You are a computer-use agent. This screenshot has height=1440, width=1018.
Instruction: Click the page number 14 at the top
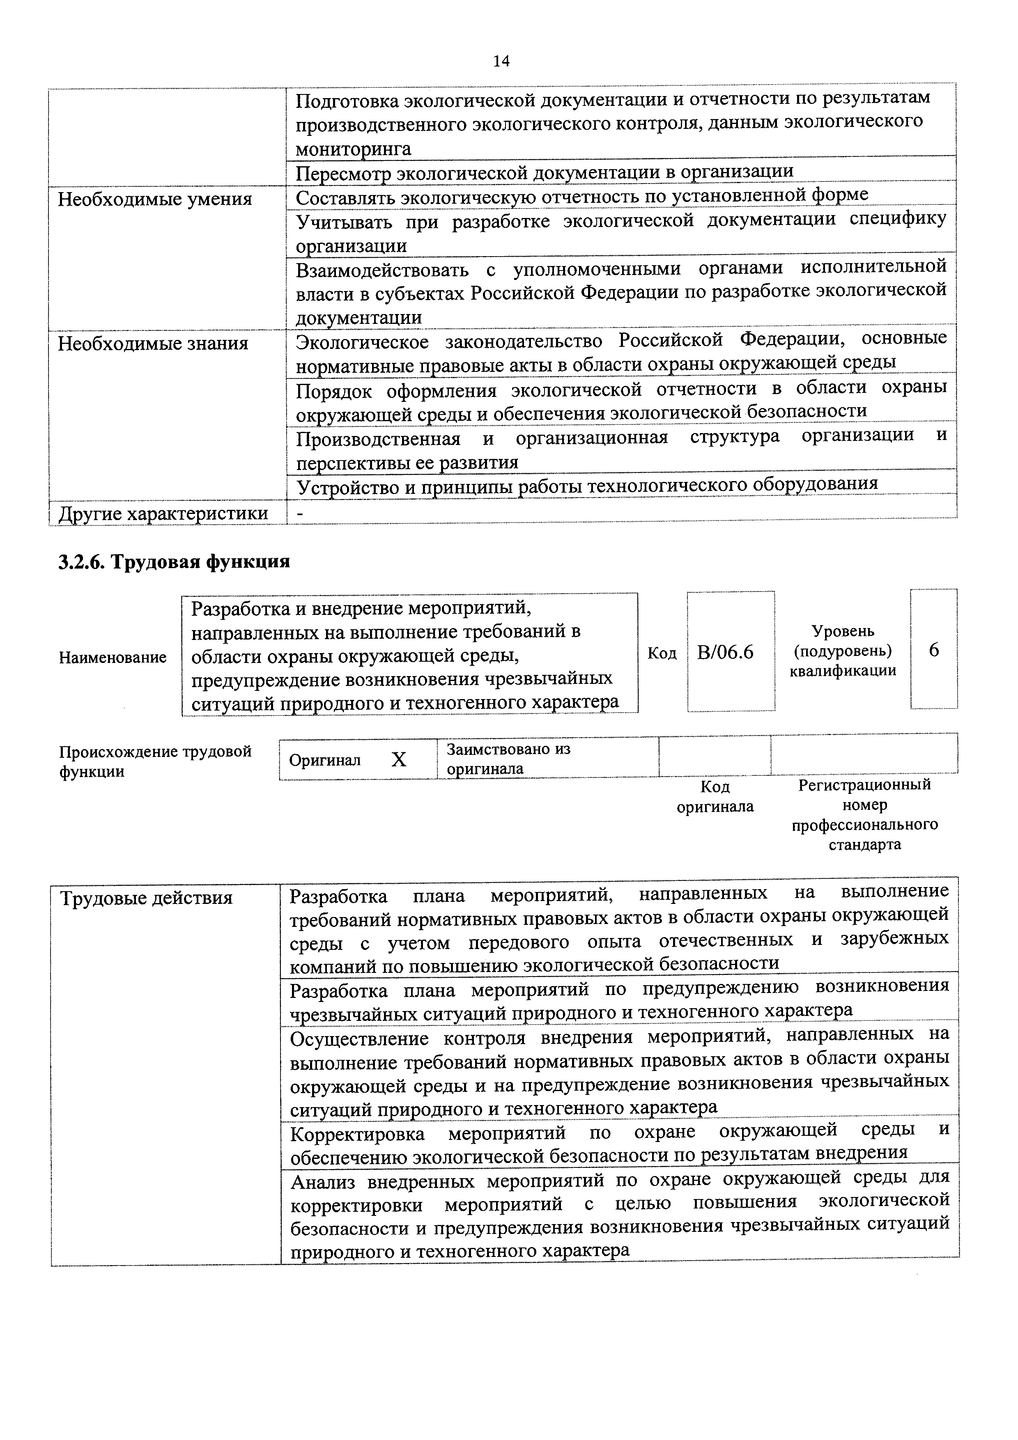click(x=501, y=61)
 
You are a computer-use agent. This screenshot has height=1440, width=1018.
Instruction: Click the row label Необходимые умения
click(x=154, y=199)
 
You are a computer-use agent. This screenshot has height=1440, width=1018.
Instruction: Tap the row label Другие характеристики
click(x=163, y=514)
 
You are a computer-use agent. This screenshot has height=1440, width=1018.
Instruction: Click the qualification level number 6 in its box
click(x=933, y=650)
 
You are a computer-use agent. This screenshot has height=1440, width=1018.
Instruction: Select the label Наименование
click(x=113, y=657)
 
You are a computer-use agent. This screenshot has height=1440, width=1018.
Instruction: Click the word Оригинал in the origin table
click(x=324, y=760)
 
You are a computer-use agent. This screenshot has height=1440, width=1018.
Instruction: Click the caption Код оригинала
click(x=715, y=796)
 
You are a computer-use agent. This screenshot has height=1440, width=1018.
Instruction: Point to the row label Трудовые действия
click(x=146, y=899)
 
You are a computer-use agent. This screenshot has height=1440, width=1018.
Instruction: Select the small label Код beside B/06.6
click(x=662, y=653)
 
